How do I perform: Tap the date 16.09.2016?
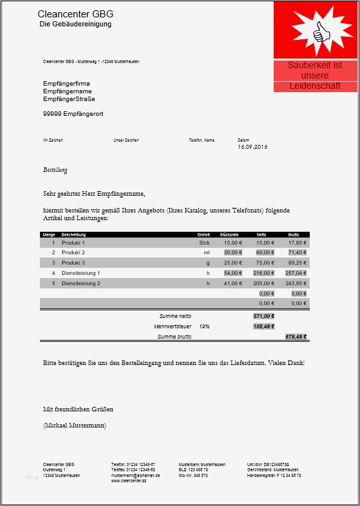(252, 147)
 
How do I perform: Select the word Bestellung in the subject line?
(55, 170)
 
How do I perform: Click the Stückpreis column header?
(229, 234)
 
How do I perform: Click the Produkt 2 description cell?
(73, 253)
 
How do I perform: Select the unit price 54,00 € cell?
(232, 273)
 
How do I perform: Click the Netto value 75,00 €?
(265, 263)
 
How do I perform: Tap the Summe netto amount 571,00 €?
(264, 316)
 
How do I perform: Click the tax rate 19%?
(204, 326)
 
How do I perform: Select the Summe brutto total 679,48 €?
(296, 337)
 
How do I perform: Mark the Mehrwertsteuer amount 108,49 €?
(264, 326)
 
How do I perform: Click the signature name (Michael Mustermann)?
(75, 426)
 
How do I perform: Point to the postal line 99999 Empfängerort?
(73, 114)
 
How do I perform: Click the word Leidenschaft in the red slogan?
(315, 86)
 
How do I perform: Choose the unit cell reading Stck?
(204, 243)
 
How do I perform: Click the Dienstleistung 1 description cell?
(81, 273)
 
